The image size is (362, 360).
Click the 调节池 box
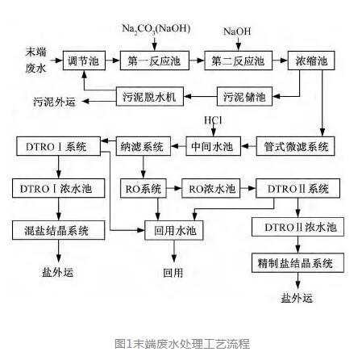click(84, 61)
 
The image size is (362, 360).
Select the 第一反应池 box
click(155, 61)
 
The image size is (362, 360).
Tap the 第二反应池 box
click(238, 61)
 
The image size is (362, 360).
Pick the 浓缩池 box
click(311, 61)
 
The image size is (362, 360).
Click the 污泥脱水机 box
click(150, 96)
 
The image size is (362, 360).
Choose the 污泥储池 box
click(244, 96)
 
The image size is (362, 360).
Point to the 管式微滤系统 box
click(295, 146)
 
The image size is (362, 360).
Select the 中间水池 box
click(213, 146)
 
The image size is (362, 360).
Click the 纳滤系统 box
click(144, 146)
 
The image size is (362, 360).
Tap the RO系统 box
click(144, 188)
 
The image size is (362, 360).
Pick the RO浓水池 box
click(211, 188)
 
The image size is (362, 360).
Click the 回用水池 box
click(174, 230)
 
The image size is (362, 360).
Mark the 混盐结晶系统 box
click(58, 230)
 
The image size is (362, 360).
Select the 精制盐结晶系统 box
click(298, 262)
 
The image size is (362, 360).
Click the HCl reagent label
click(213, 120)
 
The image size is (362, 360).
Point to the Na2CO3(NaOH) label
click(156, 29)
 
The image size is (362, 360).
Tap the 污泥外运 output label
click(54, 102)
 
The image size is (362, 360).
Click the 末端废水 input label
click(35, 60)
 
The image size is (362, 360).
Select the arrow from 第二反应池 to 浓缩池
click(280, 61)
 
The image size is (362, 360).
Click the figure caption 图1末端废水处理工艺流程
click(182, 344)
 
